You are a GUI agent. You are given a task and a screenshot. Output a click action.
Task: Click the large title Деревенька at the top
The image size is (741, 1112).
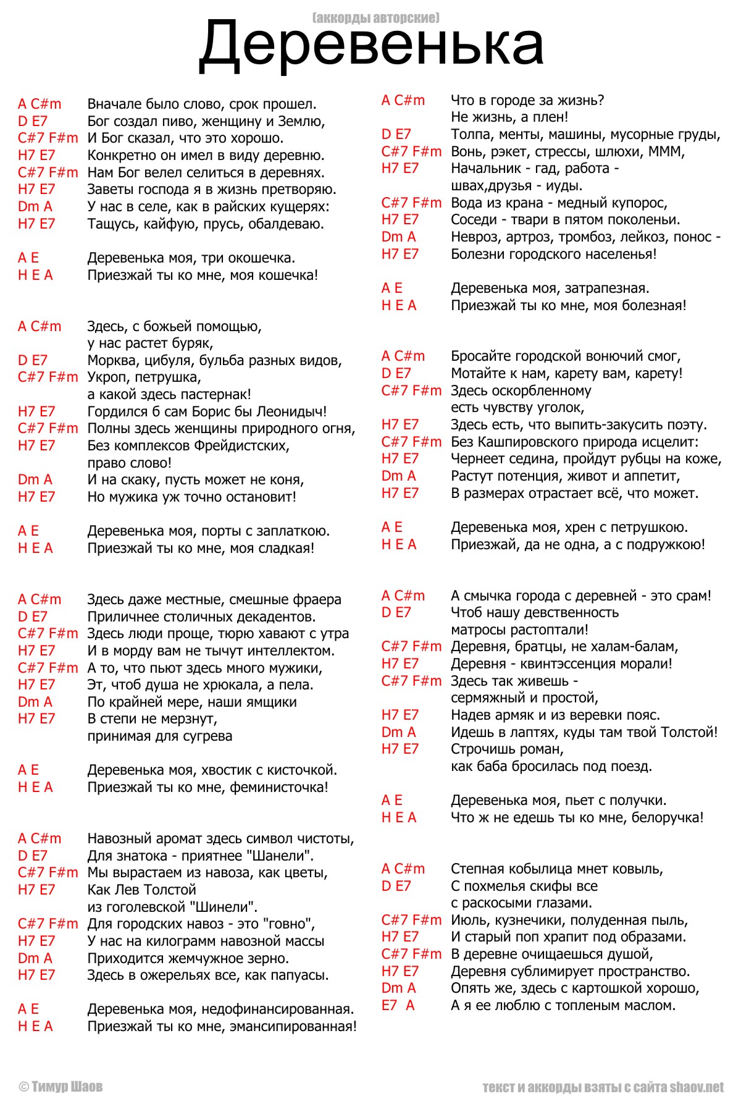[x=371, y=44]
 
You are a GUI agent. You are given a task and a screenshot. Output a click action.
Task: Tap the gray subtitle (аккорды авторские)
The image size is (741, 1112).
[x=376, y=17]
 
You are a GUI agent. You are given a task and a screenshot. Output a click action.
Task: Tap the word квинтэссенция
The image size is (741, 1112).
[x=567, y=664]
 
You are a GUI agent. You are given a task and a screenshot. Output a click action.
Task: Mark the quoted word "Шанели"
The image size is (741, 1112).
[x=283, y=856]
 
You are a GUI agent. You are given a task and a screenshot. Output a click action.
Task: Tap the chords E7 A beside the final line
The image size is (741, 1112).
[x=398, y=1006]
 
